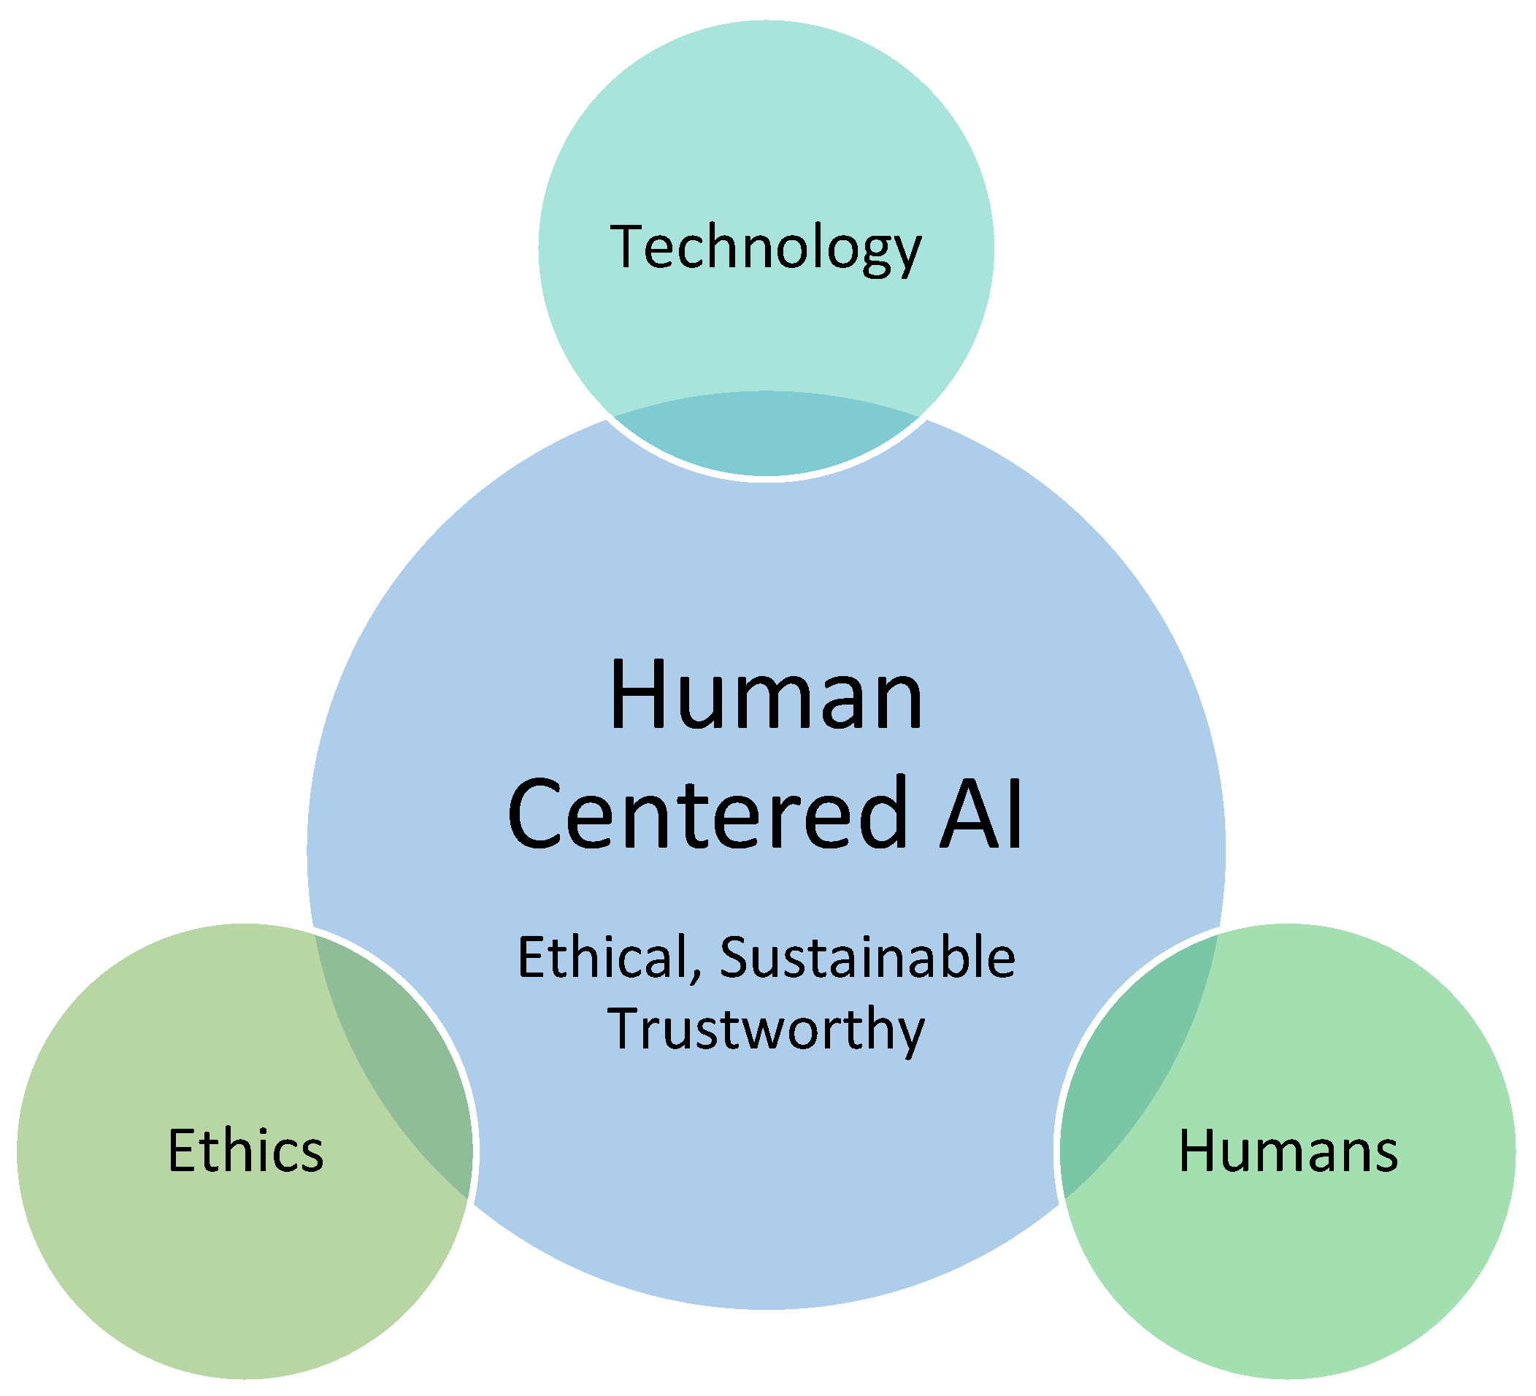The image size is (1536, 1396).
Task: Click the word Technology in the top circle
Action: (766, 248)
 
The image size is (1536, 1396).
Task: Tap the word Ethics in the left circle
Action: (245, 1151)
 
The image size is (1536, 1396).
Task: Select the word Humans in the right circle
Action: (1288, 1151)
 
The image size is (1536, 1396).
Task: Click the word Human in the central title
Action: (766, 696)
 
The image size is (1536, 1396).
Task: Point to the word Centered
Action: (709, 813)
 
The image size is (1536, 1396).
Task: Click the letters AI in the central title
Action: (980, 813)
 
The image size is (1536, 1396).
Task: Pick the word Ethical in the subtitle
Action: (602, 958)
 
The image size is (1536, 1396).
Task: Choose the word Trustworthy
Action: (766, 1029)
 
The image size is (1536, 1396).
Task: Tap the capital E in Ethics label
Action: (182, 1151)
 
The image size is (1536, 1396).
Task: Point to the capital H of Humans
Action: (1197, 1151)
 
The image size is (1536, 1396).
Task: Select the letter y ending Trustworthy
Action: (910, 1034)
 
